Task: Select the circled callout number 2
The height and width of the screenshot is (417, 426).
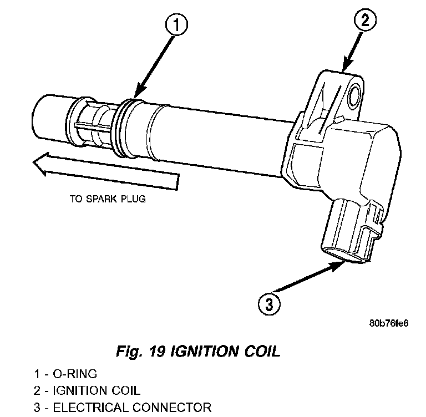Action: [x=364, y=22]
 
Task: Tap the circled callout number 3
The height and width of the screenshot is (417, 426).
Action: [x=268, y=303]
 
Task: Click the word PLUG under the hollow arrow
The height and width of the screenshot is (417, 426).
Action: [x=133, y=198]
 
